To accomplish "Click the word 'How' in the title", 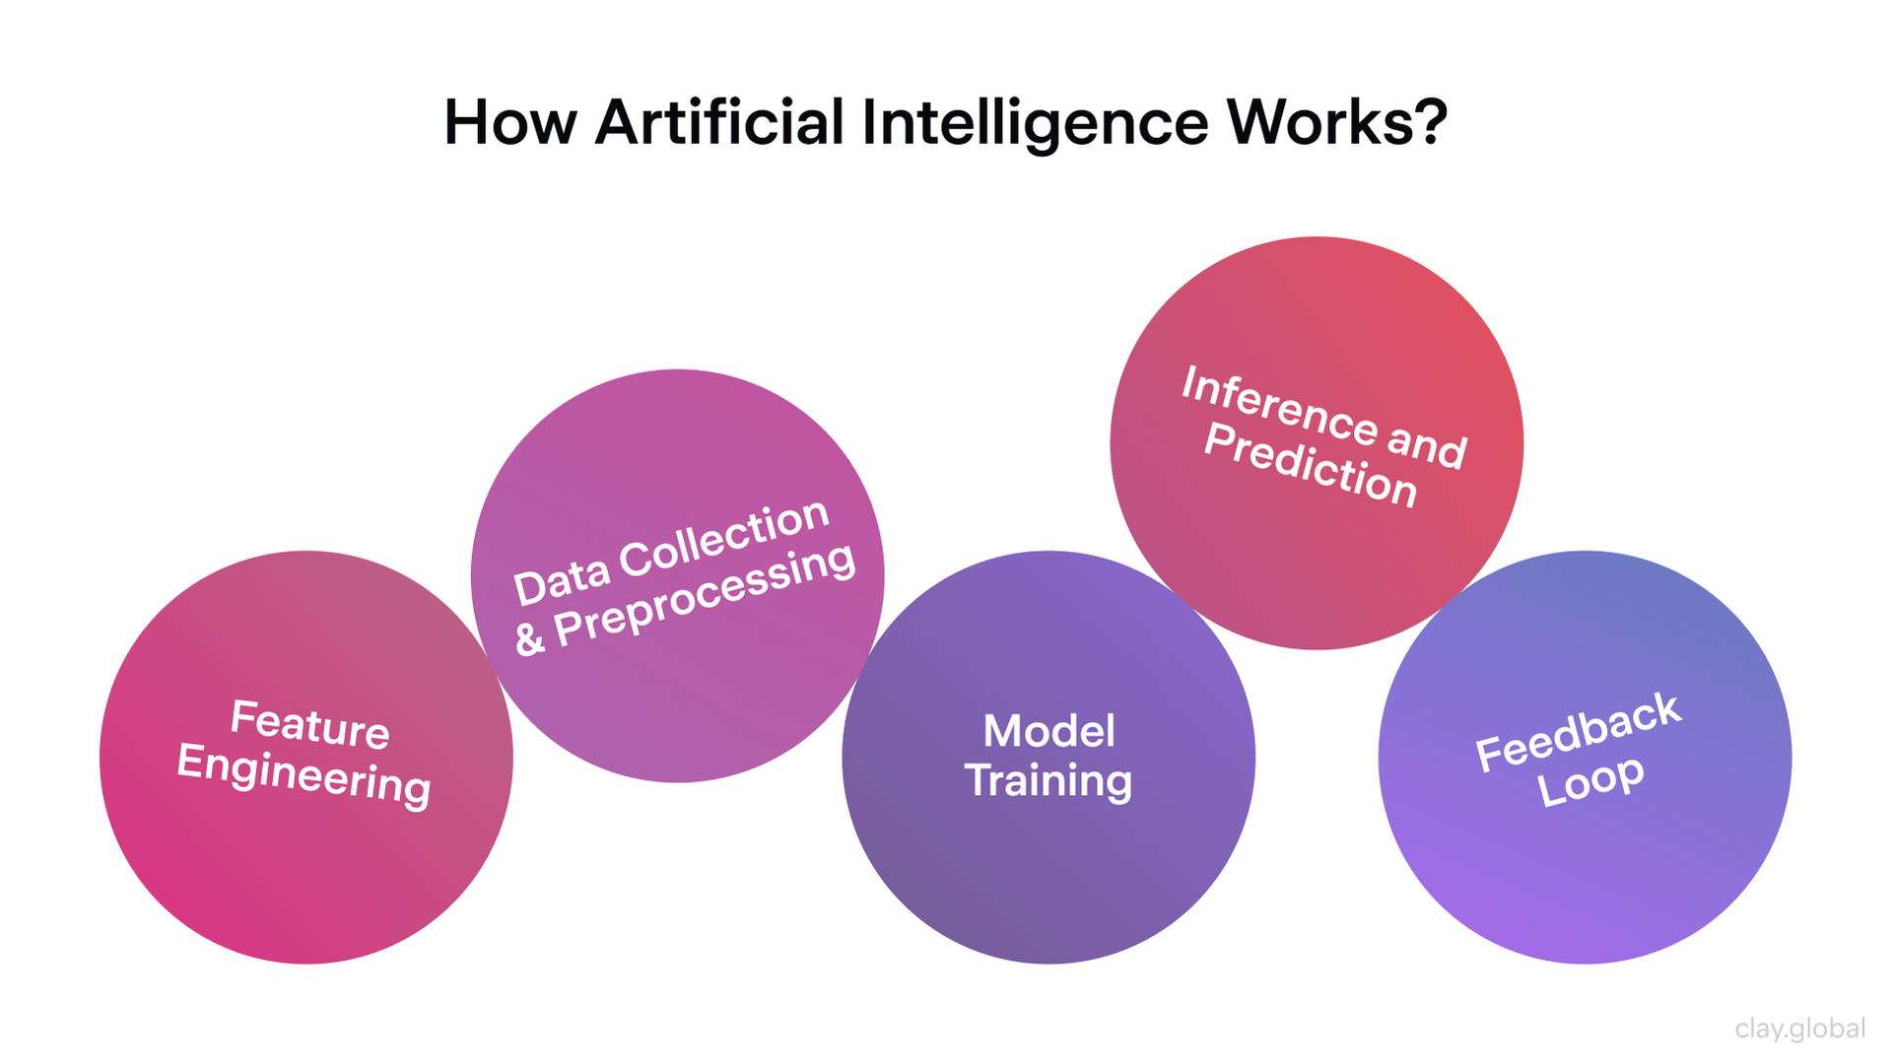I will pyautogui.click(x=509, y=123).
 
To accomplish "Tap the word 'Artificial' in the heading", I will pyautogui.click(x=719, y=123).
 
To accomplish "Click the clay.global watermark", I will pyautogui.click(x=1799, y=1029).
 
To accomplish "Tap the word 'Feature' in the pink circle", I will pyautogui.click(x=309, y=724).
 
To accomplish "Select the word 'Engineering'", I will pyautogui.click(x=304, y=775).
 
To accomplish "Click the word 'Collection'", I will pyautogui.click(x=724, y=540).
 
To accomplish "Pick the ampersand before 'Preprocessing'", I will pyautogui.click(x=529, y=639).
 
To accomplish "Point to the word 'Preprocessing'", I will pyautogui.click(x=705, y=596).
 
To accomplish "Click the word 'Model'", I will pyautogui.click(x=1048, y=731).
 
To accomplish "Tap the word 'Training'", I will pyautogui.click(x=1048, y=781).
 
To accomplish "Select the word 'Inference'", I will pyautogui.click(x=1278, y=404).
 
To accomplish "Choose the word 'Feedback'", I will pyautogui.click(x=1578, y=731).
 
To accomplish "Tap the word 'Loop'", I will pyautogui.click(x=1590, y=781).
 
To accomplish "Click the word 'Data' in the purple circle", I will pyautogui.click(x=561, y=580).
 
